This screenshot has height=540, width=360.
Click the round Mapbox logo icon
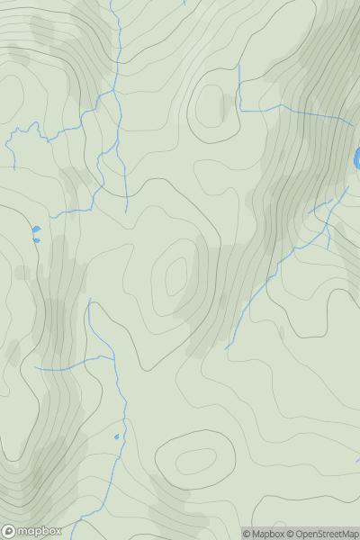pyautogui.click(x=9, y=531)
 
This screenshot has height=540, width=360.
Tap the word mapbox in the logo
pyautogui.click(x=40, y=531)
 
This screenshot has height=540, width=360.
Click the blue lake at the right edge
pyautogui.click(x=357, y=158)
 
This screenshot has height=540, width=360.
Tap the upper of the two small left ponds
pyautogui.click(x=36, y=229)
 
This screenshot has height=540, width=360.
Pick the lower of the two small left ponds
pyautogui.click(x=36, y=240)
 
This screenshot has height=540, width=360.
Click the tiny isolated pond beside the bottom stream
pyautogui.click(x=117, y=437)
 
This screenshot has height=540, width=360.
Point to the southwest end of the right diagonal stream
pyautogui.click(x=225, y=349)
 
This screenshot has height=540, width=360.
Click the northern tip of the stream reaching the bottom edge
pyautogui.click(x=89, y=300)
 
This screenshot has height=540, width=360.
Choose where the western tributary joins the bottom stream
pyautogui.click(x=113, y=357)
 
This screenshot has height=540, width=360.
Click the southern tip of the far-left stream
pyautogui.click(x=14, y=168)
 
